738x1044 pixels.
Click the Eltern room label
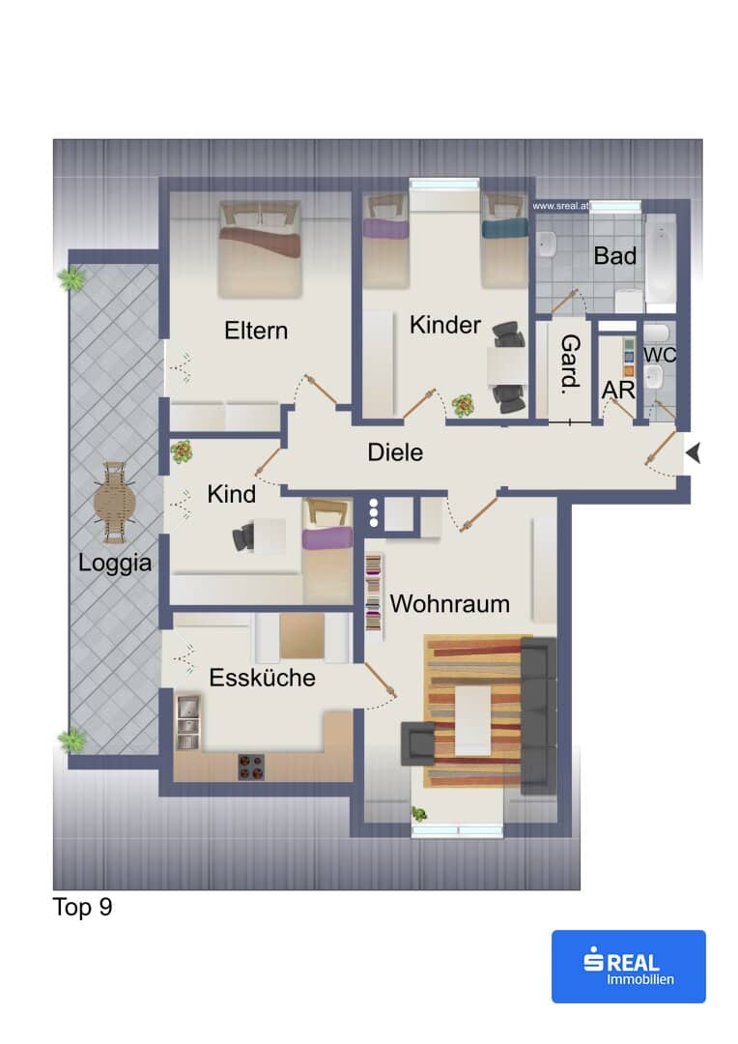256,331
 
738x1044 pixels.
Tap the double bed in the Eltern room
260,249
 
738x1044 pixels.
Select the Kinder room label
445,325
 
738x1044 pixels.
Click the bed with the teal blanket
504,241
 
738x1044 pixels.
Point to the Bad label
615,255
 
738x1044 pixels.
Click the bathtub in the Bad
660,262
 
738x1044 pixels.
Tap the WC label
660,354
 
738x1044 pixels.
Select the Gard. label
570,362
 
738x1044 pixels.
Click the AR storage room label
618,391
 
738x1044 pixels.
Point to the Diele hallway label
395,452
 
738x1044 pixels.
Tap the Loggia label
114,564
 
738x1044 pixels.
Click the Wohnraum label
450,604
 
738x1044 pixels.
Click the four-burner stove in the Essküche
251,767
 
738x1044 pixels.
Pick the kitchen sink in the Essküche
187,722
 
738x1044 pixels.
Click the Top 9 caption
82,908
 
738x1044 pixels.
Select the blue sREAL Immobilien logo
629,966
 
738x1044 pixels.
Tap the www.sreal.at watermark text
560,207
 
